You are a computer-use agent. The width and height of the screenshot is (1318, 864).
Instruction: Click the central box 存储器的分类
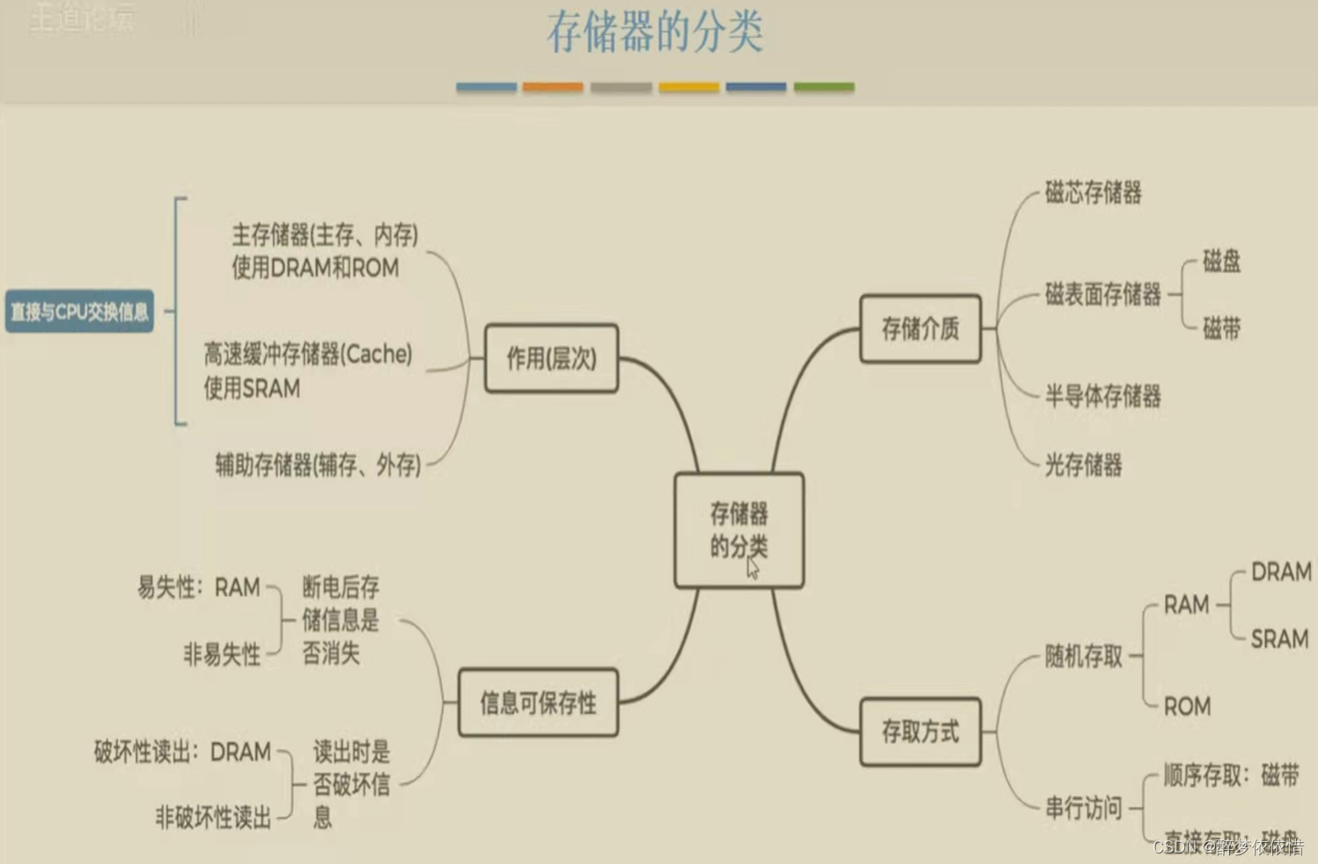point(739,530)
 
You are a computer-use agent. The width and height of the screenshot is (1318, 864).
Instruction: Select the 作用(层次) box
point(551,358)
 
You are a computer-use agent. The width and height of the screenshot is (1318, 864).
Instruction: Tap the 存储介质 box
point(920,329)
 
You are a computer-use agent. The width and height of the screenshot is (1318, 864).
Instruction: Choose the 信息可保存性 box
point(538,703)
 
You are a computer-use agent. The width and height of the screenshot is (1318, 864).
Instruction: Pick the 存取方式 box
point(920,731)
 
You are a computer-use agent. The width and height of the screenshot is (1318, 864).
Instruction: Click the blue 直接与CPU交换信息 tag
point(79,312)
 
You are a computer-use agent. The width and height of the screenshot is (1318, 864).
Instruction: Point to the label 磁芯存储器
point(1093,192)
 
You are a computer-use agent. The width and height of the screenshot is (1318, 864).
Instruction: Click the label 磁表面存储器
point(1102,294)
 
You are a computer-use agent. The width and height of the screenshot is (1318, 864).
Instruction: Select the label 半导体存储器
point(1102,396)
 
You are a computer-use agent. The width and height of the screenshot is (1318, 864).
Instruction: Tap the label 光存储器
point(1083,464)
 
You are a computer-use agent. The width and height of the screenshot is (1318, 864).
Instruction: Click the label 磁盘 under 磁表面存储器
point(1221,261)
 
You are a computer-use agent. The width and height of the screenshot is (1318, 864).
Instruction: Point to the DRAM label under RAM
point(1281,572)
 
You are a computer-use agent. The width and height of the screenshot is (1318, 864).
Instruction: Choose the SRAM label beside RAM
point(1279,639)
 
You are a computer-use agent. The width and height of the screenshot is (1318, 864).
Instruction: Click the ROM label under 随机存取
point(1187,706)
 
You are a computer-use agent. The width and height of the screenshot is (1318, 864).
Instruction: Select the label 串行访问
point(1083,808)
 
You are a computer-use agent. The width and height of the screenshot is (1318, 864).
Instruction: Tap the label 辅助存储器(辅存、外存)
point(318,464)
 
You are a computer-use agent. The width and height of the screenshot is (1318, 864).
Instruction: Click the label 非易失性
point(222,654)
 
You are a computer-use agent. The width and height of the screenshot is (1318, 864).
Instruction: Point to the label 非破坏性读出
point(213,817)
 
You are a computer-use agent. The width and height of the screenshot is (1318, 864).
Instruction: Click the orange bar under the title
point(553,87)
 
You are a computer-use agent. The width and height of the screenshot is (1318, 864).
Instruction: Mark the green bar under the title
point(824,87)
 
